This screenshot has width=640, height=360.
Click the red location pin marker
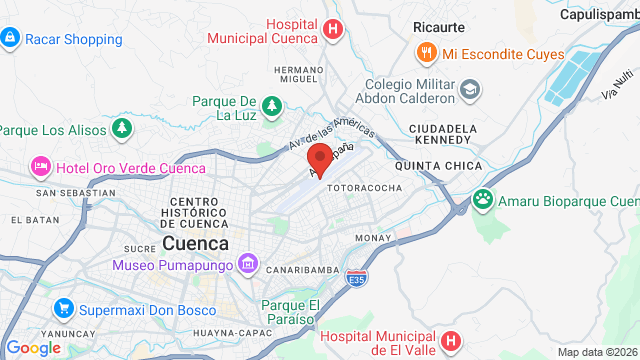(x=320, y=161)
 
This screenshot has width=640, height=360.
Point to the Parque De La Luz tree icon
(x=271, y=104)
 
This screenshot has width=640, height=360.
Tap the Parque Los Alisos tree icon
(x=121, y=128)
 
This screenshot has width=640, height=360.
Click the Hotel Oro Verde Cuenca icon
(x=41, y=165)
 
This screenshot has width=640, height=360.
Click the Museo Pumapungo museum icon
(x=249, y=265)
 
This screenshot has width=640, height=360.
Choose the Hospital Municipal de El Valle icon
(x=450, y=341)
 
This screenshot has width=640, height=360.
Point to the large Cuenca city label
(x=195, y=243)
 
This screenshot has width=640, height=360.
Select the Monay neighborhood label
(x=372, y=238)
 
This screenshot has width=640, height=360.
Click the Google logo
(x=33, y=347)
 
